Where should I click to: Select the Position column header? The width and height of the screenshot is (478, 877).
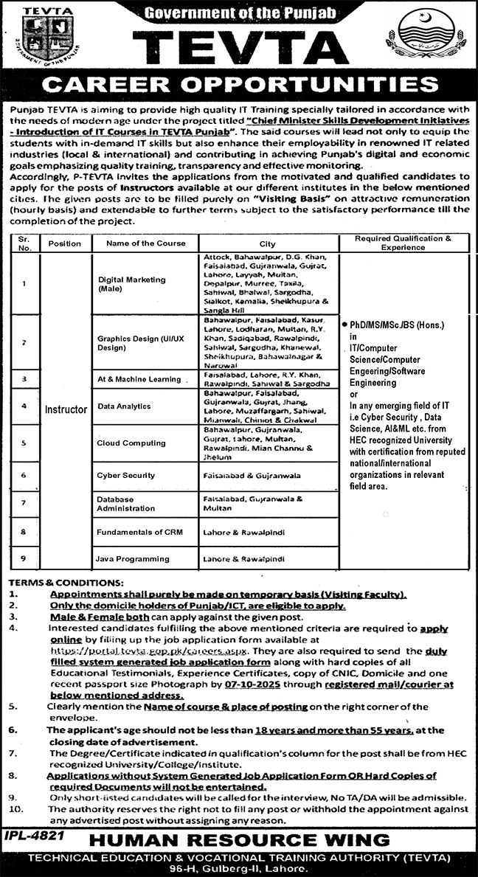point(65,243)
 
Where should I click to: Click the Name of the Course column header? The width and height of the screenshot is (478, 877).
point(145,243)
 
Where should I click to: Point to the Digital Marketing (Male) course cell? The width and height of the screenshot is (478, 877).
point(131,284)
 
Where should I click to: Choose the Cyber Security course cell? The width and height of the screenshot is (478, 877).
point(127,476)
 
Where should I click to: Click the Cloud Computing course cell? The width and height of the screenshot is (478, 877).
point(131,443)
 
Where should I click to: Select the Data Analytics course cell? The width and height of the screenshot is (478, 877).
point(124,406)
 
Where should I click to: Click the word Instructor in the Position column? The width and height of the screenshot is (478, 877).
point(66,409)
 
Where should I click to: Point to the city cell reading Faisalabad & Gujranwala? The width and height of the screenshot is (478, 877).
point(252,476)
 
